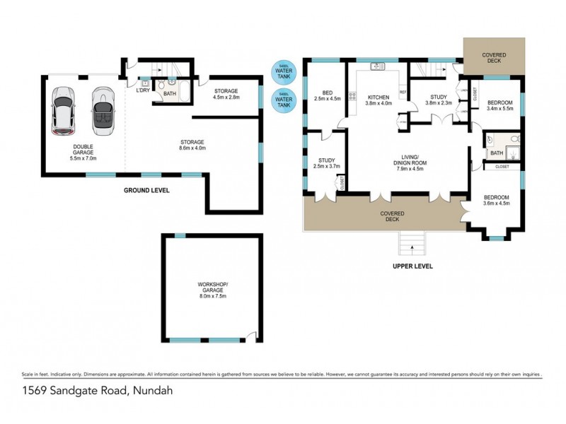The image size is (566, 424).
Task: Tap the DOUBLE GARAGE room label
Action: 83,152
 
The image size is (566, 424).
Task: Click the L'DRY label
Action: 142,90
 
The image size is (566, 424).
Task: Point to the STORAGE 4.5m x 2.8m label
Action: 226,94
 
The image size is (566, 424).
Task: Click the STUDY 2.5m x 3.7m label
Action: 326,163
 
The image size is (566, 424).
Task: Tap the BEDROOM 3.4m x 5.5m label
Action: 500,105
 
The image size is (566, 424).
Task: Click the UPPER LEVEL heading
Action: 412,266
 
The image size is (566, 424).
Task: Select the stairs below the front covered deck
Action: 412,245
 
